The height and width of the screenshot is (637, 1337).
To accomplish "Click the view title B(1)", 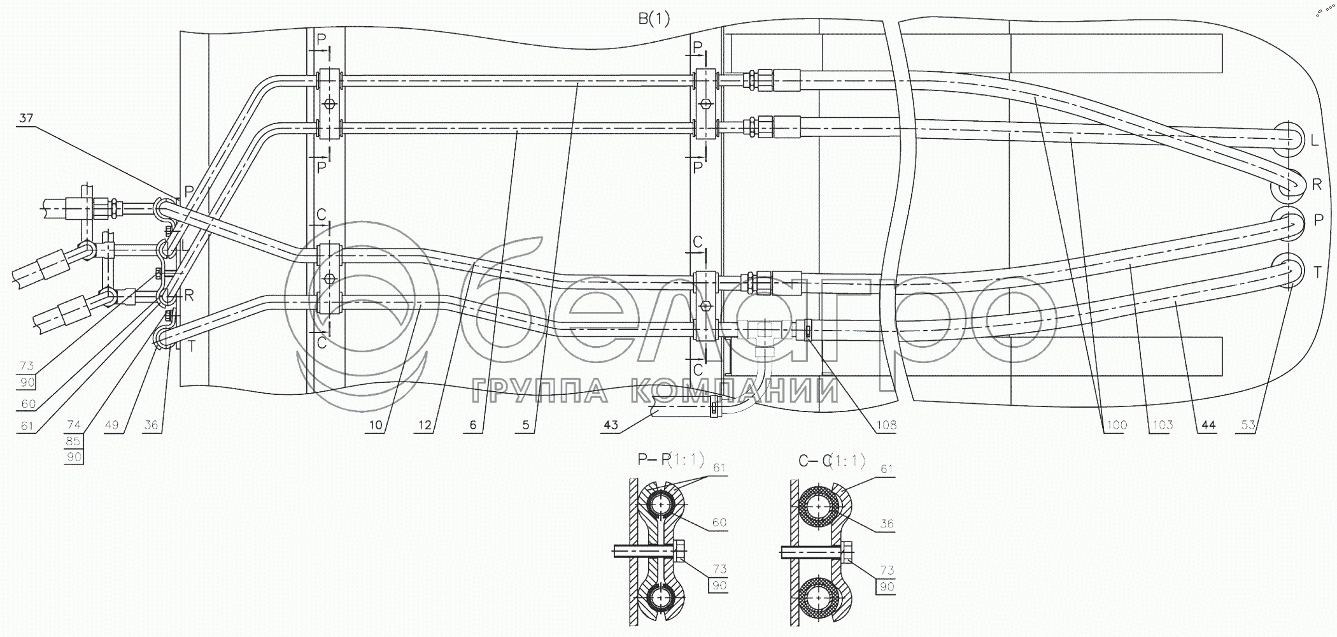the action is coord(654,19).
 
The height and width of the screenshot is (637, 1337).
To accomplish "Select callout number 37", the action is coord(25,118).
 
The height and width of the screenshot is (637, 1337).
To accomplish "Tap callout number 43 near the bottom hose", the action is coord(611,425).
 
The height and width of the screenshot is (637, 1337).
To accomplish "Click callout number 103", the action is coord(1161,425).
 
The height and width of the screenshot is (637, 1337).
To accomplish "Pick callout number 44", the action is coord(1208,425).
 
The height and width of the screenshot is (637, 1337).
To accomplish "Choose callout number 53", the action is coord(1249,425).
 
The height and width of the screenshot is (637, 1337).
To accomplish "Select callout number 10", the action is coord(375,425).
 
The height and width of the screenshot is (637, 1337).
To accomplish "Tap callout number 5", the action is coord(526,425).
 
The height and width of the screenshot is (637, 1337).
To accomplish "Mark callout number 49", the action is coord(112,425).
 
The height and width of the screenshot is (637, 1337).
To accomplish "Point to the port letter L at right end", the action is coord(1314,141).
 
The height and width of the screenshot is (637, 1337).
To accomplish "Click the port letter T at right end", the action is coord(1317,273).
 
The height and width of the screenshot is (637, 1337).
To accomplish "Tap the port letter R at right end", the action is coord(1317,185).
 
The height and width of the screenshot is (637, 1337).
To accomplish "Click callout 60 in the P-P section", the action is coord(719,522).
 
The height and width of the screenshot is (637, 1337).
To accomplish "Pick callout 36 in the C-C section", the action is coord(887,524).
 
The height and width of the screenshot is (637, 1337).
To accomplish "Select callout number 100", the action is coord(1115,425).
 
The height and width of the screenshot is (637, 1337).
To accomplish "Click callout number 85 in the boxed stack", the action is coord(74,441).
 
